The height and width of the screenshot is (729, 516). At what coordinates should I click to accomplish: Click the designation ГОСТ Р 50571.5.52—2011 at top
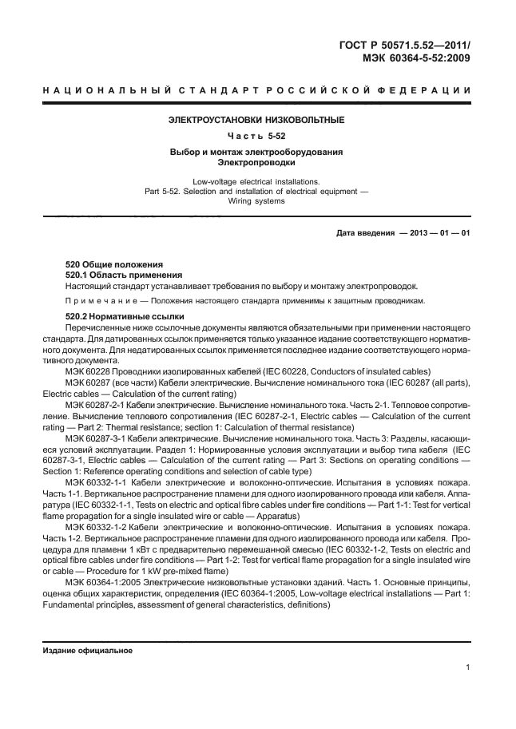403,44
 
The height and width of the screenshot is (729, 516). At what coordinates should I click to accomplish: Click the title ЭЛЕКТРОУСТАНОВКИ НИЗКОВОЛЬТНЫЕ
256,120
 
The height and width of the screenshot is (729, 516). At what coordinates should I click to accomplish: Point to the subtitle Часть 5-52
256,136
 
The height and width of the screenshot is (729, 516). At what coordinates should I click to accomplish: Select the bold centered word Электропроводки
256,162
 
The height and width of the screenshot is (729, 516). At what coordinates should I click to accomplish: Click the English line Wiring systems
256,201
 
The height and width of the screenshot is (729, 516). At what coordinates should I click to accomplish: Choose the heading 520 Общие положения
114,264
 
